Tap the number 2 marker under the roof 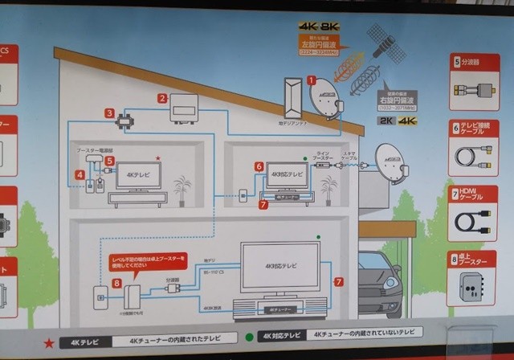[x=161, y=99]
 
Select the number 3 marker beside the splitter [x=108, y=114]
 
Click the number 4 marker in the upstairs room [x=80, y=174]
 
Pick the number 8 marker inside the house [x=117, y=283]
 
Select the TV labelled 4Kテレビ [x=138, y=175]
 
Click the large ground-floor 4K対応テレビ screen [x=280, y=267]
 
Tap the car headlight [x=391, y=285]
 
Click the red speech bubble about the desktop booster [x=147, y=260]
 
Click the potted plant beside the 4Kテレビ [x=183, y=190]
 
